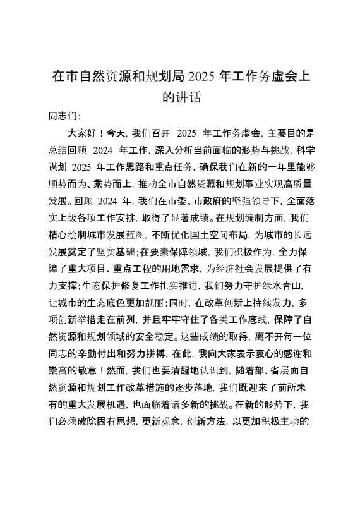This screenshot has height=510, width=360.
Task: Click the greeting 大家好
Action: click(81, 133)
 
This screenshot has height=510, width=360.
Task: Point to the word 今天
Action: click(117, 133)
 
